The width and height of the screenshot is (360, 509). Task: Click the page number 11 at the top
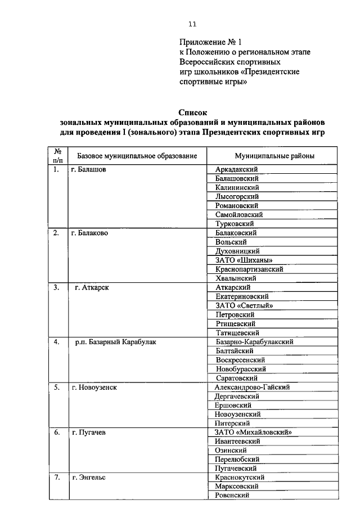[192, 24]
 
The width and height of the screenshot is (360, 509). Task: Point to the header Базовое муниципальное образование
[137, 155]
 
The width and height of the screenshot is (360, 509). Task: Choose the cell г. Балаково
[90, 232]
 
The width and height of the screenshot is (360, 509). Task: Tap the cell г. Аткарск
[92, 287]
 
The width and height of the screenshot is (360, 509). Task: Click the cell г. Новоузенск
[94, 387]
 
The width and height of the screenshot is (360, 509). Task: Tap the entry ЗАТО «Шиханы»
[244, 260]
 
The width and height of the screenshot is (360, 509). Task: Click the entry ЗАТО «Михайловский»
[255, 432]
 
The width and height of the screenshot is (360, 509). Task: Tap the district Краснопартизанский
[249, 269]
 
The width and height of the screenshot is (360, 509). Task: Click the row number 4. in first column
[57, 342]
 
